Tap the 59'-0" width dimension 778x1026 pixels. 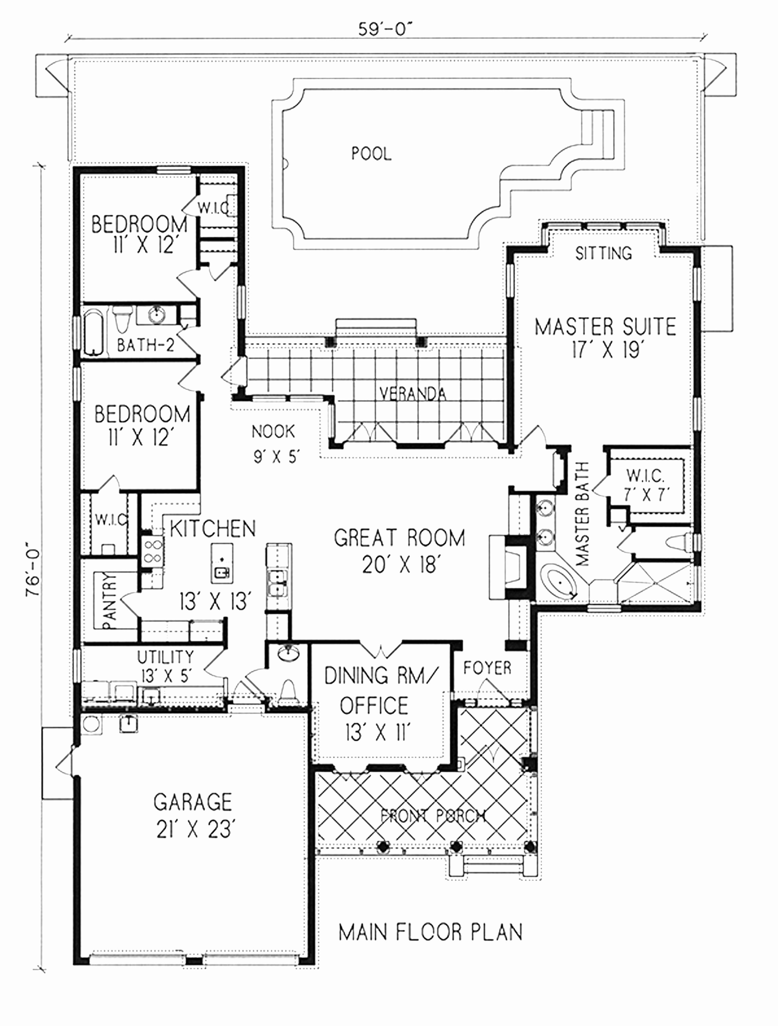[x=385, y=29]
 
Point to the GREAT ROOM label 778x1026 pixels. [x=399, y=538]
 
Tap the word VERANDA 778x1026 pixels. [x=413, y=394]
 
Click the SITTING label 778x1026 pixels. [x=603, y=253]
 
